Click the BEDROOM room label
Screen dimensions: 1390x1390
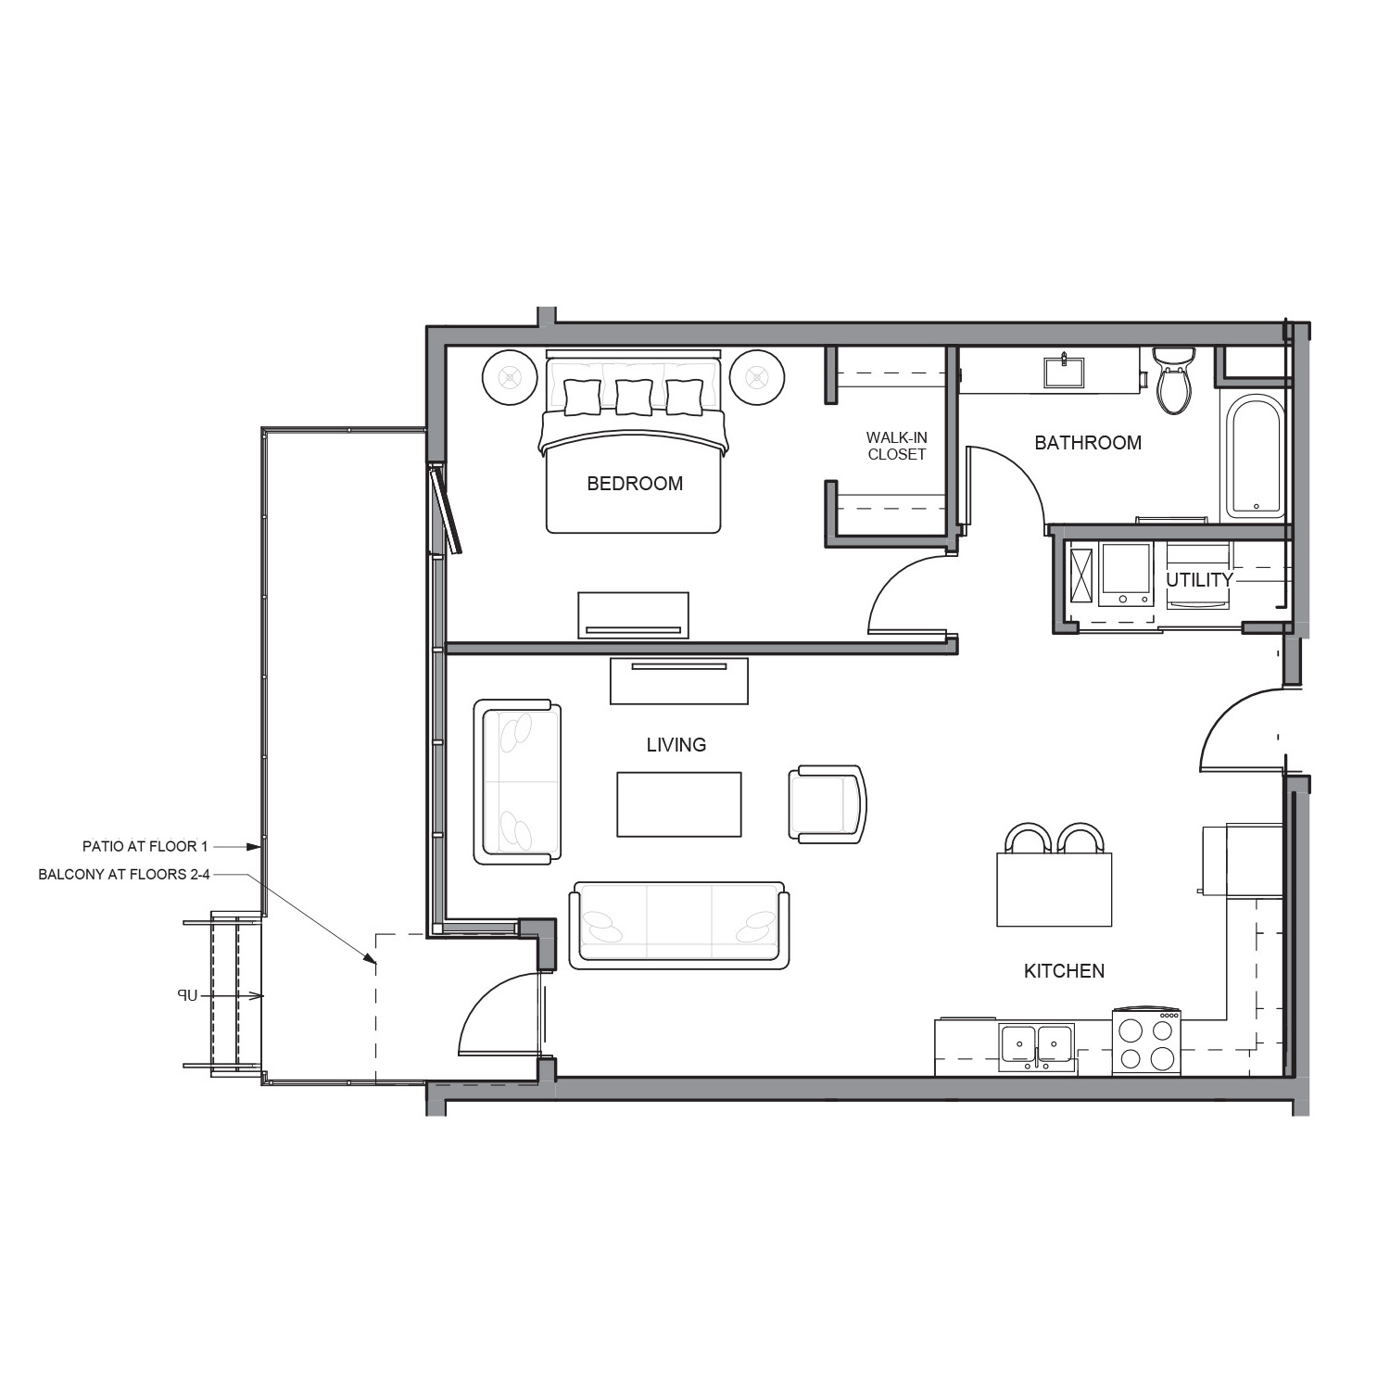click(x=635, y=483)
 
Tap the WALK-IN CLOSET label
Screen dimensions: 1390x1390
click(x=896, y=446)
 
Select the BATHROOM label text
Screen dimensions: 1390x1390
click(x=1088, y=443)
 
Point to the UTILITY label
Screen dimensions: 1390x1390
click(x=1199, y=580)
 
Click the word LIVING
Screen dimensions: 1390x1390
click(x=676, y=745)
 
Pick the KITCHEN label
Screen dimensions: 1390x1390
click(x=1064, y=971)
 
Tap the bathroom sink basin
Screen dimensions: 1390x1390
click(x=1065, y=372)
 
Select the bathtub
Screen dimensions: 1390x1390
click(x=1255, y=457)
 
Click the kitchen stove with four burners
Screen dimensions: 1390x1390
click(x=1146, y=1042)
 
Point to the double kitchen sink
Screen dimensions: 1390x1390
click(x=1037, y=1047)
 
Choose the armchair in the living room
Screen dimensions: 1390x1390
click(x=828, y=803)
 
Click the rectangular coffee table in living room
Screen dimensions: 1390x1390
click(x=679, y=804)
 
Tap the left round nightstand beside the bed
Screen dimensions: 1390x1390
click(x=510, y=377)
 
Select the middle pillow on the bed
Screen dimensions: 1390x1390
click(x=634, y=397)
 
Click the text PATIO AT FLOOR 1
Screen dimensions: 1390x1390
click(x=145, y=846)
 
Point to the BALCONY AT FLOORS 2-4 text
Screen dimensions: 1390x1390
click(x=124, y=875)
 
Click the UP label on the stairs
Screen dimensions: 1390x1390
click(x=188, y=995)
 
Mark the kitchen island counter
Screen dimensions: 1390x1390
click(x=1055, y=890)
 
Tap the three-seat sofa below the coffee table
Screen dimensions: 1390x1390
click(x=679, y=926)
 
